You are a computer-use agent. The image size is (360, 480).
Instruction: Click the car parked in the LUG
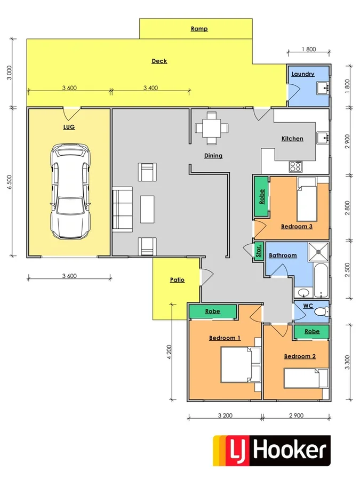70,192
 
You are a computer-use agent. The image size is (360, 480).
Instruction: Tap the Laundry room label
303,74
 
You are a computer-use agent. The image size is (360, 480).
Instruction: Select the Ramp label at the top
199,29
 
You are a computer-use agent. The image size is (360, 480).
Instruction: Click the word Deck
159,61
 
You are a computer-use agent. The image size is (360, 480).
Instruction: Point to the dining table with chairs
212,128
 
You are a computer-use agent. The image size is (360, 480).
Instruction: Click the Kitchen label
292,139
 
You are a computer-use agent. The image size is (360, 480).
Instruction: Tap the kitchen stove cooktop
295,166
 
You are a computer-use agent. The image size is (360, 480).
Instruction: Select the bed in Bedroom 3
307,199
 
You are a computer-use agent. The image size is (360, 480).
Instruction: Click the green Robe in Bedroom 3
261,197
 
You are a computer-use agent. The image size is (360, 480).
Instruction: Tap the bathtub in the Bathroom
321,280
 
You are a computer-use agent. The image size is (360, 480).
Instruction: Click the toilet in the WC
321,310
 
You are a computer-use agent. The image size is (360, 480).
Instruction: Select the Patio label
177,279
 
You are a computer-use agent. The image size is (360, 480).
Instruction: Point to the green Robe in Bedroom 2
311,331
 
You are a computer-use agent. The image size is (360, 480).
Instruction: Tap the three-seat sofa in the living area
123,209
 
